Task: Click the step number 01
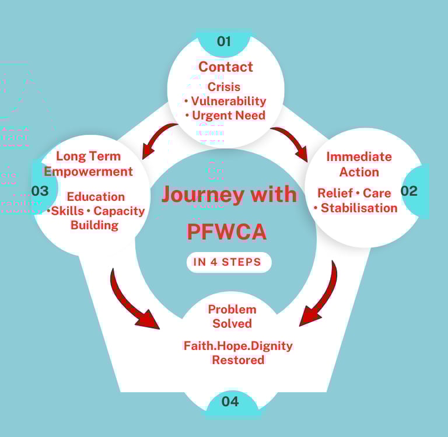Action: click(224, 41)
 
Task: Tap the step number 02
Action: click(409, 191)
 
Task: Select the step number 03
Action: click(40, 191)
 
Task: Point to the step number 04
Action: click(230, 401)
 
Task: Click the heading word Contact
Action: click(226, 67)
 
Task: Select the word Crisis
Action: click(224, 88)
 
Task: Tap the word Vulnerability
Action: click(228, 101)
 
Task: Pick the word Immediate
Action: click(359, 156)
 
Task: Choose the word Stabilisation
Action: click(359, 208)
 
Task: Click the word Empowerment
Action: click(89, 172)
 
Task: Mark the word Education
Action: click(96, 197)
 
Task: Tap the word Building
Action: click(94, 225)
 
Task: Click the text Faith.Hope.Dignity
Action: click(238, 345)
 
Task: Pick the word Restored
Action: click(238, 360)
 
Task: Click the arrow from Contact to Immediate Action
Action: click(291, 142)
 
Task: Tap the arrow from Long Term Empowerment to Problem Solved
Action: click(132, 300)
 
